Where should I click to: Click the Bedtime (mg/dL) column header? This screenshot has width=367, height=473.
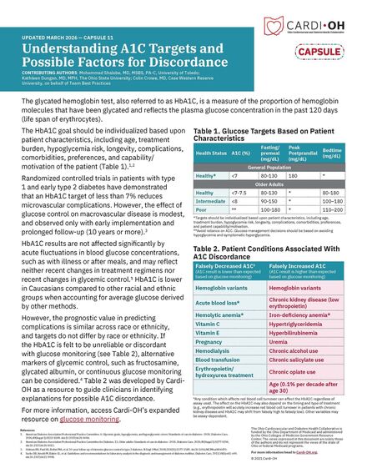click(339, 153)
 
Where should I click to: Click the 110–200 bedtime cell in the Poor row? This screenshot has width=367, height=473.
click(339, 209)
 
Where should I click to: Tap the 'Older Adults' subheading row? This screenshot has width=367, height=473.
click(273, 184)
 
